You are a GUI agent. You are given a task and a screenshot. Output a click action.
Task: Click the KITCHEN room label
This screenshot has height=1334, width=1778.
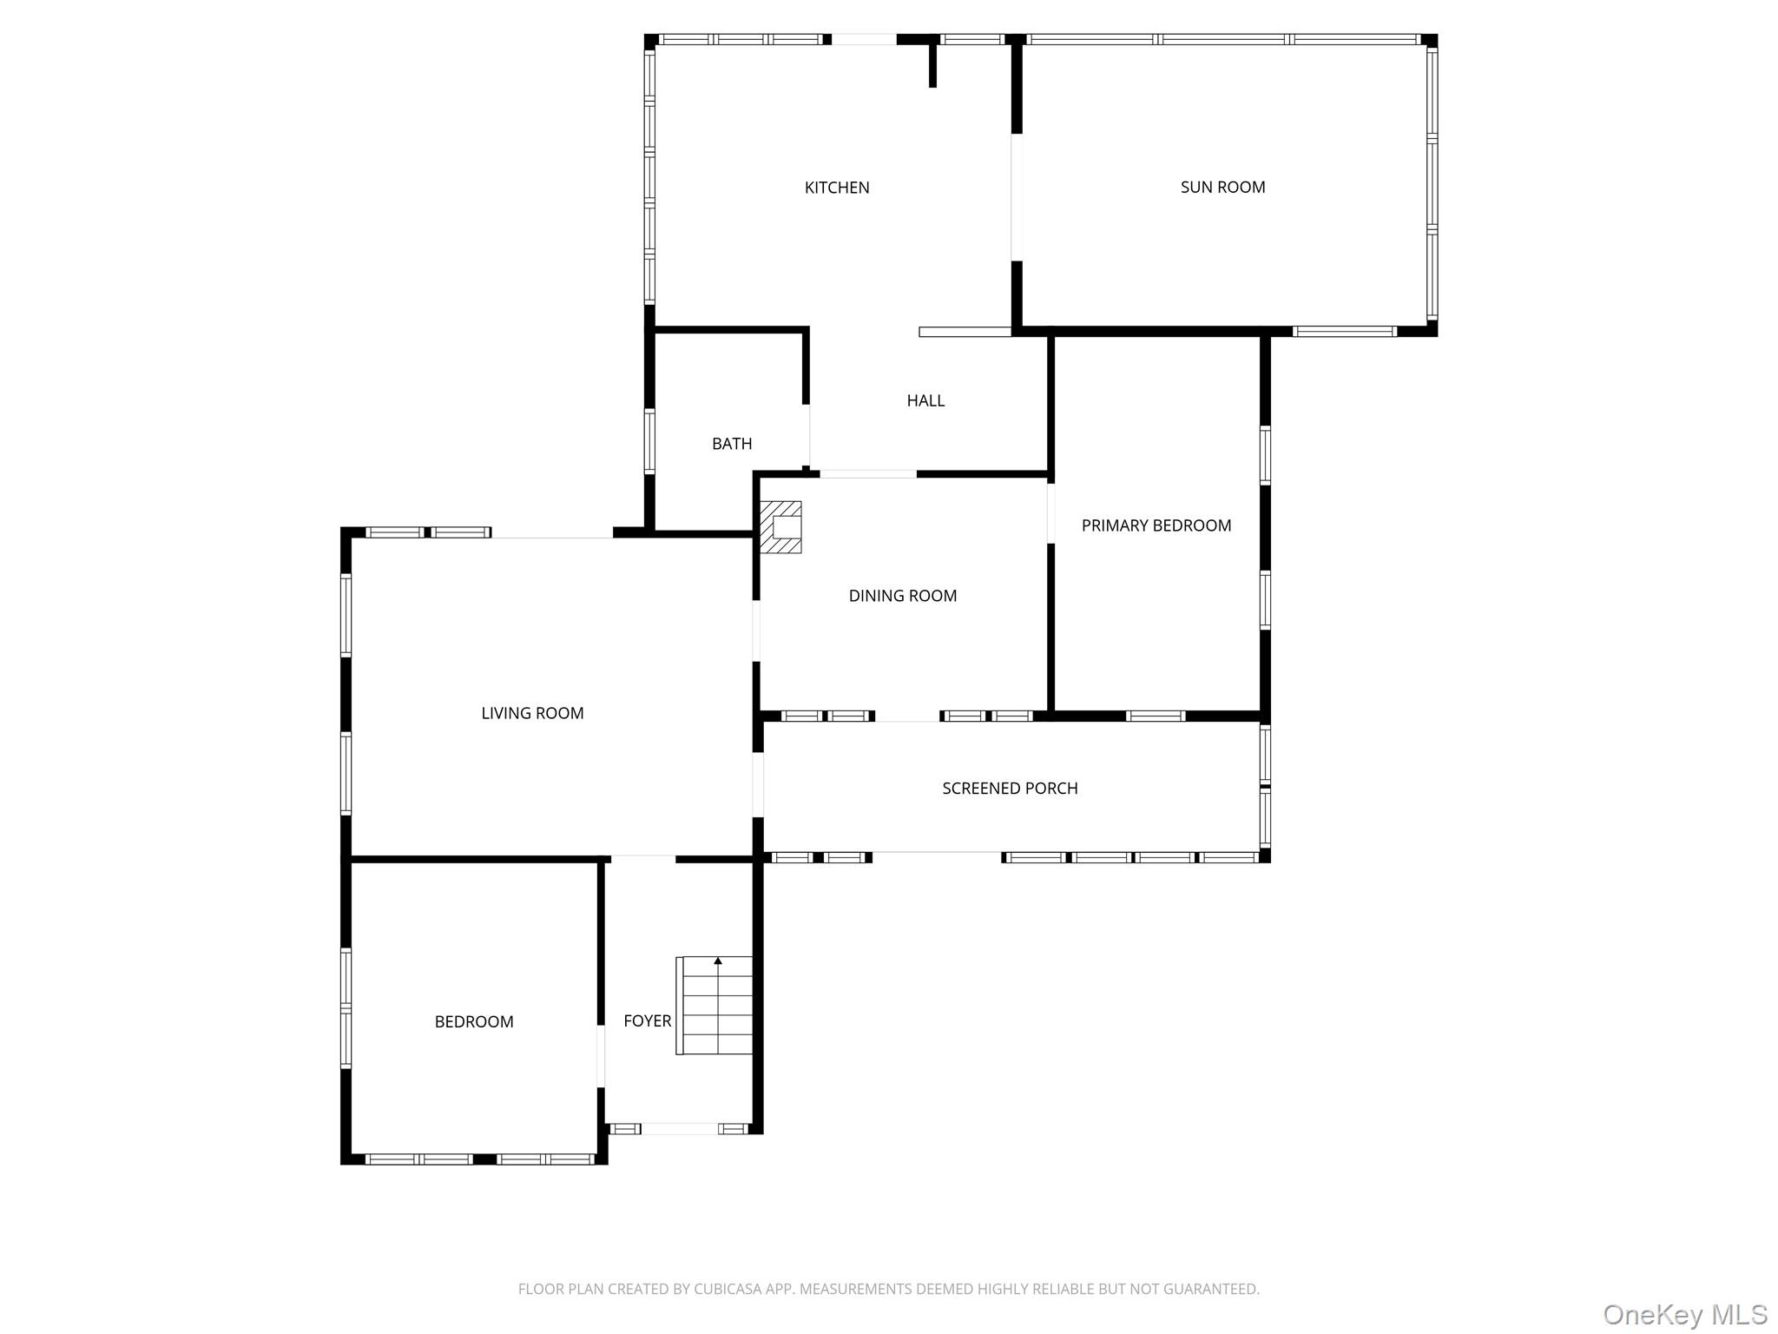point(836,188)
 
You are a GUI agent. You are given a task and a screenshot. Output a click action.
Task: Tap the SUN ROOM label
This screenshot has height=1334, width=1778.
point(1222,187)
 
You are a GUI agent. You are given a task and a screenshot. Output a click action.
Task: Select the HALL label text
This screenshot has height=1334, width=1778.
point(925,400)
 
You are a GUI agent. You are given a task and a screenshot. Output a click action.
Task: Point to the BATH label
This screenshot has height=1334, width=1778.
point(731,444)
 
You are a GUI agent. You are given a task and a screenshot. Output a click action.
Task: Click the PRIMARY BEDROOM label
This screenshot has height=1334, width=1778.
point(1156,525)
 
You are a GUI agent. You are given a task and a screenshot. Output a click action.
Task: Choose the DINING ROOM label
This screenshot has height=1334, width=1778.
point(902,596)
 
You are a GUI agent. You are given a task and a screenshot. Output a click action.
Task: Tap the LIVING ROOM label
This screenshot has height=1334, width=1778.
point(532,713)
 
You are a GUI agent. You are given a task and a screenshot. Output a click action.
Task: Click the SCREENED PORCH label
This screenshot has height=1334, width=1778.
point(1010,789)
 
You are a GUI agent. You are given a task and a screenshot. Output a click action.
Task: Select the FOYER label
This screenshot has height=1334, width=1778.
point(647,1021)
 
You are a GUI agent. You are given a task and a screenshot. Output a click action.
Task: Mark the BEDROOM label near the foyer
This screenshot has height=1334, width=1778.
point(474,1022)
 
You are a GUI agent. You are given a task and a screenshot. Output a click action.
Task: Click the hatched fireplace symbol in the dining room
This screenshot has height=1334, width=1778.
point(780,527)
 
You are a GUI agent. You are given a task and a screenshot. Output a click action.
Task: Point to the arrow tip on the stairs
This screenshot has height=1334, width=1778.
point(718,961)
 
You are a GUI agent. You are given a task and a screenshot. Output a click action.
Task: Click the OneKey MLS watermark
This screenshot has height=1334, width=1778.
point(1684,1315)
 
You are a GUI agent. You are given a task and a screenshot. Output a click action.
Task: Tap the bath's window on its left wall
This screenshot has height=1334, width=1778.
point(649,441)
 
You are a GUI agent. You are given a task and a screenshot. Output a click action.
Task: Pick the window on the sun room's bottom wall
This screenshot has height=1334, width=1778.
point(1343,332)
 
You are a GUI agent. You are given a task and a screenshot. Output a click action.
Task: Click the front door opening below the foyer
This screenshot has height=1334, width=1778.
point(680,1129)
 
